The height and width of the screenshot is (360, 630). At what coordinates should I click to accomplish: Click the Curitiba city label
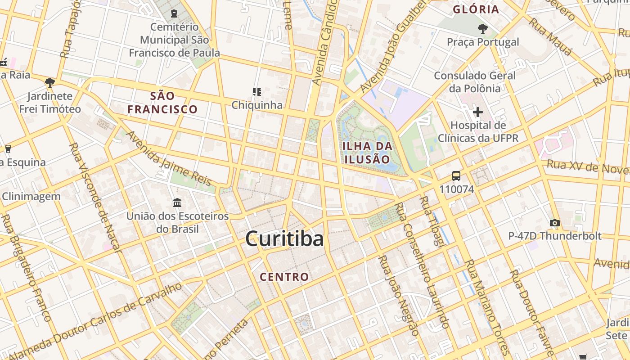coord(284,238)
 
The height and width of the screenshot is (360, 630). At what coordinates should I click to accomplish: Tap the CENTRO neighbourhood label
coord(284,277)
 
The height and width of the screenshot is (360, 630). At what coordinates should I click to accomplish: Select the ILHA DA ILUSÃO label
coord(367,153)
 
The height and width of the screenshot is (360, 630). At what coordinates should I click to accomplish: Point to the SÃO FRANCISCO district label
coord(162,102)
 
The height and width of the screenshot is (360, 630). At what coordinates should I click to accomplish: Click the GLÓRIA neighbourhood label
coord(476,9)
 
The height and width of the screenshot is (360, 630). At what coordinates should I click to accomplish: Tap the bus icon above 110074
coord(456,175)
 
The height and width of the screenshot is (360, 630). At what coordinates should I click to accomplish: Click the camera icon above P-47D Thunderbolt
coord(555,223)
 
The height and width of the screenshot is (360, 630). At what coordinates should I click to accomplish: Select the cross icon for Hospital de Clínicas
coord(478,112)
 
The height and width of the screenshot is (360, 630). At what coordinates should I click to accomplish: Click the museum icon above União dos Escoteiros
coord(177,203)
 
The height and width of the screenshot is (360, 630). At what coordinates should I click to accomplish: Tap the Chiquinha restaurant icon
coord(257,92)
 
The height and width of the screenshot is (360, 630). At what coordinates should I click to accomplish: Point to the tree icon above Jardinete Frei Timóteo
coord(50,82)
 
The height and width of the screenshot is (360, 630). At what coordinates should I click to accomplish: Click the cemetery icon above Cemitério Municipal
coord(174,14)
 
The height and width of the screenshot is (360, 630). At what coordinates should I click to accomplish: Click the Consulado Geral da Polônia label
coord(475,82)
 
